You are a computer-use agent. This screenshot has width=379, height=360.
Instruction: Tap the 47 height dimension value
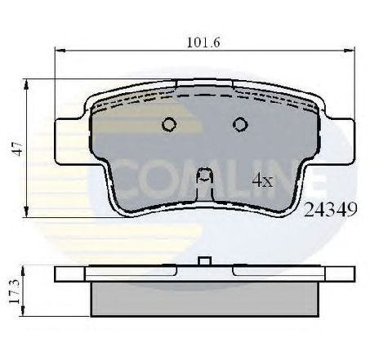(x=15, y=149)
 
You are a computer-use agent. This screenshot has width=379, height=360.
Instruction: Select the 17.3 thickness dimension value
(x=15, y=289)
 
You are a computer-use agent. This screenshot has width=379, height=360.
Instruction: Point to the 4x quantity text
(x=261, y=182)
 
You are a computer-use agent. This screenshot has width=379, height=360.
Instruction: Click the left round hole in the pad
(x=171, y=124)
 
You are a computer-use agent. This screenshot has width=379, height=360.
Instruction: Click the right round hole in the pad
(x=239, y=124)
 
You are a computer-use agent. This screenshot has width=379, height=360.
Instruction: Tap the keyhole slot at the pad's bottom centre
(x=206, y=176)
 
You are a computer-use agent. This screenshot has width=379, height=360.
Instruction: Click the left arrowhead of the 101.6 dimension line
(x=58, y=51)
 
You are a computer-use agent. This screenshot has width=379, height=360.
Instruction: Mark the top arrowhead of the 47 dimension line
(x=29, y=82)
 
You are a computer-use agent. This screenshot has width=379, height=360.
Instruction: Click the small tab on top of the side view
(x=206, y=261)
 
